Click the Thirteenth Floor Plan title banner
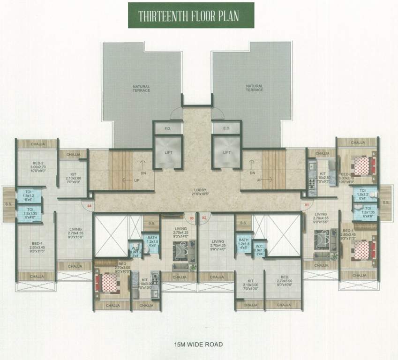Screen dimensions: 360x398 point(191,15)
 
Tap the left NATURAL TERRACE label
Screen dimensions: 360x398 point(141,88)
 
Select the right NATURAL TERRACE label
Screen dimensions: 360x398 point(254,88)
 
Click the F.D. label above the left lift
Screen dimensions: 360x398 point(167,127)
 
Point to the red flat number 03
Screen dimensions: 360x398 point(191,218)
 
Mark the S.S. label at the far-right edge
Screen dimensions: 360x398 point(385,202)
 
